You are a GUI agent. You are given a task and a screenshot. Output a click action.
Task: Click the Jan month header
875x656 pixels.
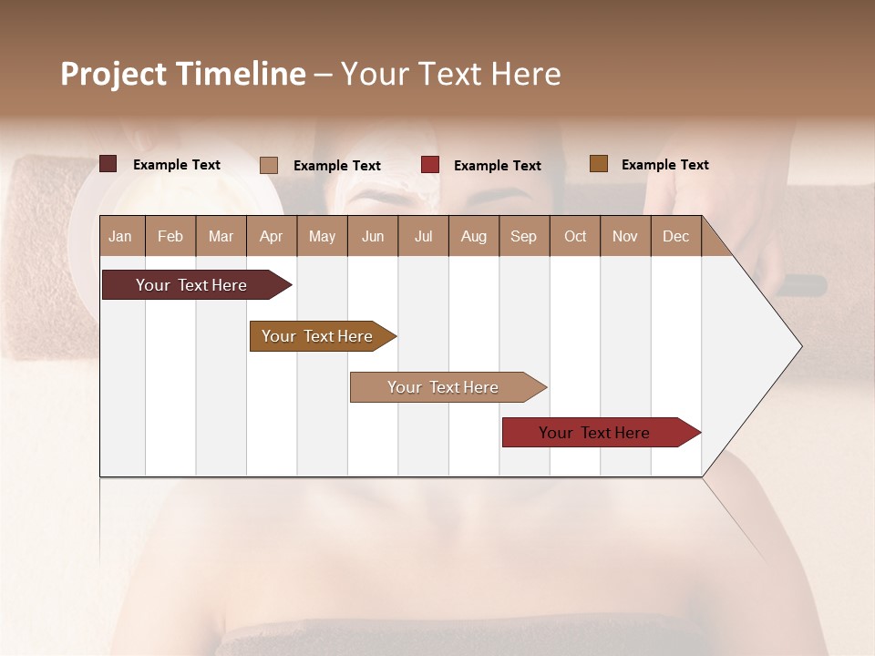click(x=120, y=237)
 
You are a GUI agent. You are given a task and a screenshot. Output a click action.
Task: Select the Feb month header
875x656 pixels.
click(x=170, y=237)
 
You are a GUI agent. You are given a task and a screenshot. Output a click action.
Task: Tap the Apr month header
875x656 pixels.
click(x=271, y=237)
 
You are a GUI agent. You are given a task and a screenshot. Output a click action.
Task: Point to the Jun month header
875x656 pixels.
click(x=373, y=237)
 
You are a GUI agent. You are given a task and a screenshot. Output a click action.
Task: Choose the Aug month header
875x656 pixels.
click(x=473, y=237)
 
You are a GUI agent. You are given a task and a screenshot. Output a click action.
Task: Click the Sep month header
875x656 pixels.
click(x=523, y=237)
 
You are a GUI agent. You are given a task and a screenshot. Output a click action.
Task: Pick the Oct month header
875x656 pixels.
click(x=575, y=237)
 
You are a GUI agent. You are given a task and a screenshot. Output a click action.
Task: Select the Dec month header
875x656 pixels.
click(x=675, y=237)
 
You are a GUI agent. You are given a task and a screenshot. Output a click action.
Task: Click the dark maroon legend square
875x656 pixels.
click(x=108, y=164)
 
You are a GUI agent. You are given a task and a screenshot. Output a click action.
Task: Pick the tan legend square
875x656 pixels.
click(x=269, y=165)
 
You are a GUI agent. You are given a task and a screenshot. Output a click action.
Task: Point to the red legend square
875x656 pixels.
click(x=430, y=165)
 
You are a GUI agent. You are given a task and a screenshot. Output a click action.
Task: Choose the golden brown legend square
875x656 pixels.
click(x=599, y=164)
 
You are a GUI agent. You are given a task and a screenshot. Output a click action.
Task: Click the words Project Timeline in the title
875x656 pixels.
click(x=182, y=74)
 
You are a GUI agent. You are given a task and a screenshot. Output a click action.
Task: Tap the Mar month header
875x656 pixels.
click(x=221, y=237)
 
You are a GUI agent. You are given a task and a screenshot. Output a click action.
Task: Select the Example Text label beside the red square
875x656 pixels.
click(x=497, y=166)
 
